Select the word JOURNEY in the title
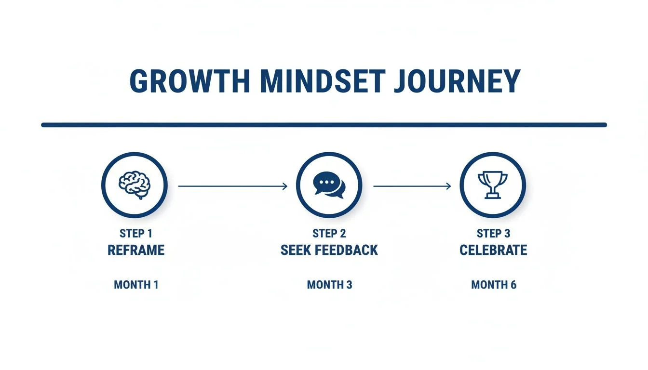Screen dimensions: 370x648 coord(457,81)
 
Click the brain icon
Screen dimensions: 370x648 coord(135,185)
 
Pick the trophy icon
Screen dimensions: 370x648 coord(492,185)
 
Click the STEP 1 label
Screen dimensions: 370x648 coord(135,234)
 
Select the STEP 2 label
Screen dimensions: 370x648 coord(329,234)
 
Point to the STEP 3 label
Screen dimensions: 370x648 coord(493,234)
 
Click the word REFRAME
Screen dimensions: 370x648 coord(135,250)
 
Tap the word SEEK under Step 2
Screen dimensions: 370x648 coord(297,250)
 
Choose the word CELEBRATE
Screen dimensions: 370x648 coord(493,250)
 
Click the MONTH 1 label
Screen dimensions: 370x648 coord(136,285)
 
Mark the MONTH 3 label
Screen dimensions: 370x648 coord(329,285)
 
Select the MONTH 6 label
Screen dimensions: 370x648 coord(493,285)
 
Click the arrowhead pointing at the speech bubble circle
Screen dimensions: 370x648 coord(285,186)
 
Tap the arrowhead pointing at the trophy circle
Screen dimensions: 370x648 coord(449,186)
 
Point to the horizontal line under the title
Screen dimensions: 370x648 coord(324,125)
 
